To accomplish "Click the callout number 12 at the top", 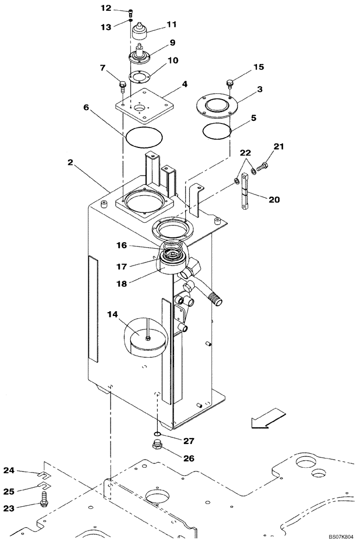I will pos(106,8).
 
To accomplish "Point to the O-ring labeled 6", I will pos(144,136).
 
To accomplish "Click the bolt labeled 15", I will pos(230,83).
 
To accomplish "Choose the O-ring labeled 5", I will pos(217,131).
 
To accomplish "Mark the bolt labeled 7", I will pos(122,85).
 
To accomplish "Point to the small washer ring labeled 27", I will pos(156,434).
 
